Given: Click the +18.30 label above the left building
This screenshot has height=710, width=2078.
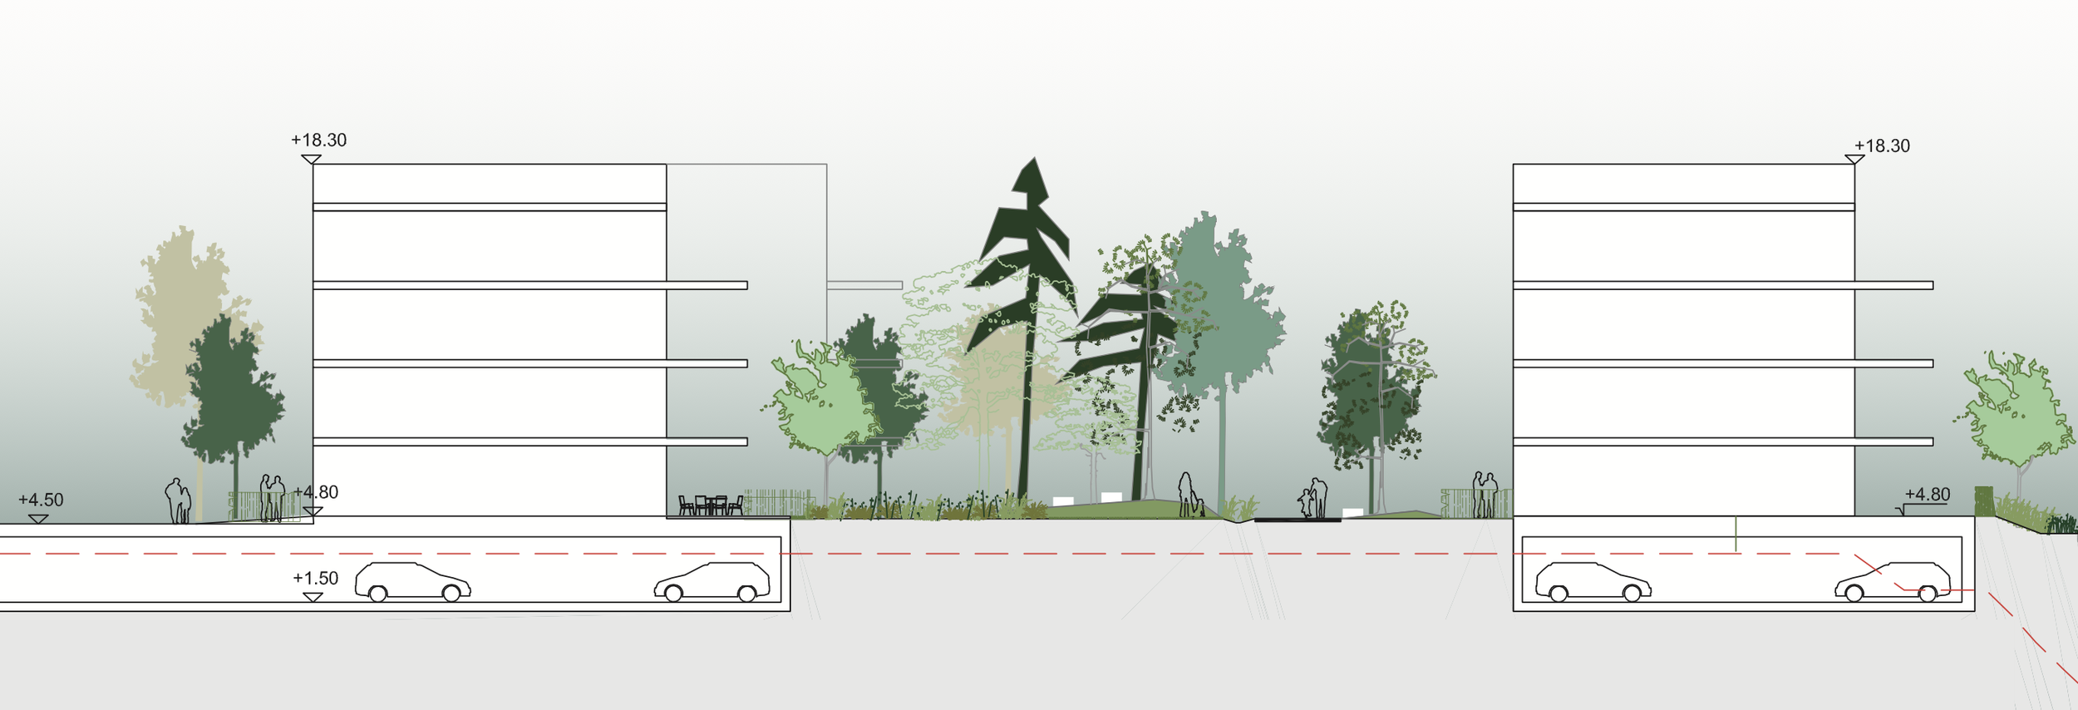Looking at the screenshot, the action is click(318, 140).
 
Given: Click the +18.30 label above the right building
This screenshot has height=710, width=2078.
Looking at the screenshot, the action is click(1882, 145).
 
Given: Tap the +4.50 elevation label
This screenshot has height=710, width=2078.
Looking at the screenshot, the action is click(41, 500).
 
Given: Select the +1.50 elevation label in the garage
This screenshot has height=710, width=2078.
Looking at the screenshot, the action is click(315, 578).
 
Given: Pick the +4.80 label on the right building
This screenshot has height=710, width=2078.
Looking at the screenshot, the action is click(1927, 495).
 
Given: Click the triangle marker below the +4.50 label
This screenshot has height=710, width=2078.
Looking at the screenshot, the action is click(38, 519).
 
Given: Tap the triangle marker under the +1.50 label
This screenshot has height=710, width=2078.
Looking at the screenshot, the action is click(313, 597).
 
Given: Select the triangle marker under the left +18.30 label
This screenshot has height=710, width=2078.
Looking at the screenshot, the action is click(311, 159).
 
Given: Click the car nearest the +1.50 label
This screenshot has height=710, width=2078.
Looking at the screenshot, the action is click(412, 581).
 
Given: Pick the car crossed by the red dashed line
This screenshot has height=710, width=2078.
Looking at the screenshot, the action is click(1893, 582).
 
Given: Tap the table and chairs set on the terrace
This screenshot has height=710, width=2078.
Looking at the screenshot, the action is click(711, 505).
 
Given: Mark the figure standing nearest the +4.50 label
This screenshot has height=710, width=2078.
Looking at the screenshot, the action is click(177, 500).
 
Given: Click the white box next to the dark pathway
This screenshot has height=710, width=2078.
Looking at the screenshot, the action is click(1352, 512).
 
